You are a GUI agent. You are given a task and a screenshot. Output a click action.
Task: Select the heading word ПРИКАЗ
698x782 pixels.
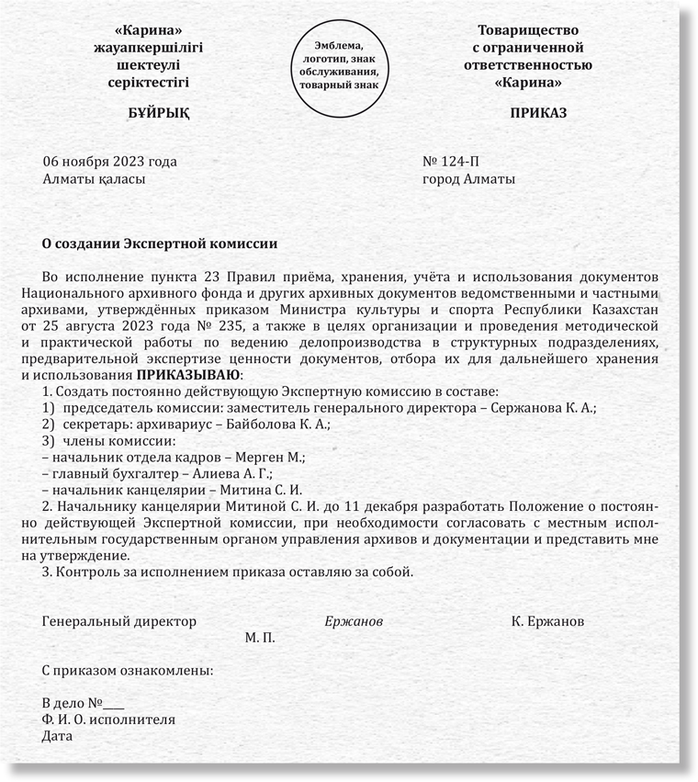539,113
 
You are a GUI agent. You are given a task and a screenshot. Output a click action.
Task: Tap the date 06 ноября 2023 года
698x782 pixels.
109,162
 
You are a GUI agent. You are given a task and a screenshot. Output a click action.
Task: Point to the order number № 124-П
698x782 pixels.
451,162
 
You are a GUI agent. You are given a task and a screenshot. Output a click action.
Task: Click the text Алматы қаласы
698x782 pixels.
95,179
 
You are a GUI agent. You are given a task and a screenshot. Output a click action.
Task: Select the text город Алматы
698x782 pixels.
468,179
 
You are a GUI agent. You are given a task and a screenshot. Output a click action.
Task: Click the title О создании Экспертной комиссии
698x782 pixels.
160,244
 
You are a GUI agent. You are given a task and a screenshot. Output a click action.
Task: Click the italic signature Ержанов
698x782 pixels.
354,621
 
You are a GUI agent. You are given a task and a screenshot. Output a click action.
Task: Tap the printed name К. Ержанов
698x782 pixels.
547,621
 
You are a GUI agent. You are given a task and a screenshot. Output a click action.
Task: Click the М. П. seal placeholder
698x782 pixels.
260,637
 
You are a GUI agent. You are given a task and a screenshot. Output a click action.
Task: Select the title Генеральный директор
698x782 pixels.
119,621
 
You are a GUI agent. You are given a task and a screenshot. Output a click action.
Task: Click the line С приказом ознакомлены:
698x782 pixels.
128,670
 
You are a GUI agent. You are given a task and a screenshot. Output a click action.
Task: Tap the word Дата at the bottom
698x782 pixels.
57,736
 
